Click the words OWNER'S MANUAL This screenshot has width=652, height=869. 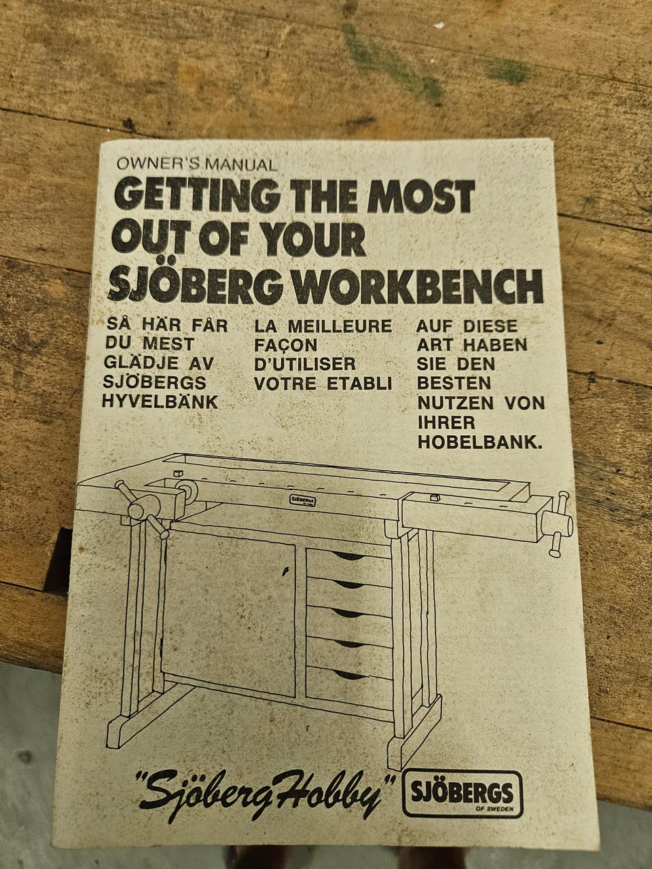[x=197, y=164]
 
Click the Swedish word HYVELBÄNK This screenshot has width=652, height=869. [x=160, y=402]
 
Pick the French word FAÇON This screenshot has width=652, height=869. [x=285, y=346]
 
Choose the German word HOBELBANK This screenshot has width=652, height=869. [x=479, y=442]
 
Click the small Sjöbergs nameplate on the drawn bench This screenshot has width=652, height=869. [x=303, y=500]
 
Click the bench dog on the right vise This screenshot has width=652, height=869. [x=434, y=497]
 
